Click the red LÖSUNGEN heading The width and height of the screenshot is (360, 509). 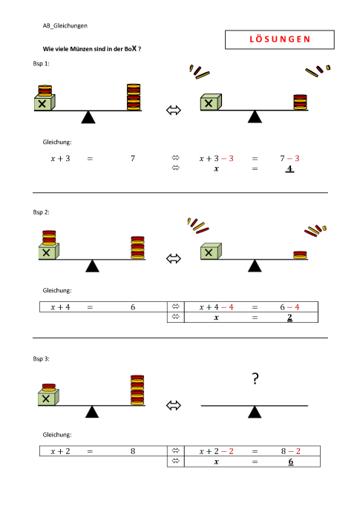tap(280, 39)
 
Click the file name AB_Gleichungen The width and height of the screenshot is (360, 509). tap(65, 26)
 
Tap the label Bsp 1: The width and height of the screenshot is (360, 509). tap(41, 64)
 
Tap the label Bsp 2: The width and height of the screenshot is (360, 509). tap(41, 212)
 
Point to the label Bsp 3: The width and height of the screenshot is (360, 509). tap(41, 358)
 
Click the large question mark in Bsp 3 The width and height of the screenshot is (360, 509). tap(255, 378)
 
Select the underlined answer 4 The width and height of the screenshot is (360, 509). tap(289, 169)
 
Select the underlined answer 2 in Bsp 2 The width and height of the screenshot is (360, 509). tap(289, 317)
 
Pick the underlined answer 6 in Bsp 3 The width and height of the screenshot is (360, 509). tap(290, 462)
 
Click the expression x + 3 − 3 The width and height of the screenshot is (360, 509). tap(216, 159)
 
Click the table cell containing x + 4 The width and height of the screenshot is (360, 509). tap(60, 307)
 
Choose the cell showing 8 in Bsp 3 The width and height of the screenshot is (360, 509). tap(133, 451)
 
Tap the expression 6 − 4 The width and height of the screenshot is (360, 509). tap(289, 307)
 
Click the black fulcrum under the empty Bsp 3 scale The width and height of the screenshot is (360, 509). tap(255, 412)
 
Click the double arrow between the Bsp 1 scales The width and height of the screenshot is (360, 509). tap(174, 110)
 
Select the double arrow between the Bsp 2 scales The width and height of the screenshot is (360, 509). tap(174, 259)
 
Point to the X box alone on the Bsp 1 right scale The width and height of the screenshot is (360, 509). tap(211, 102)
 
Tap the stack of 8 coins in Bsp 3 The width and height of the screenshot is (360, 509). tap(137, 390)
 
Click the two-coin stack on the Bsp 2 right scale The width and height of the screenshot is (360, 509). tap(300, 255)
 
